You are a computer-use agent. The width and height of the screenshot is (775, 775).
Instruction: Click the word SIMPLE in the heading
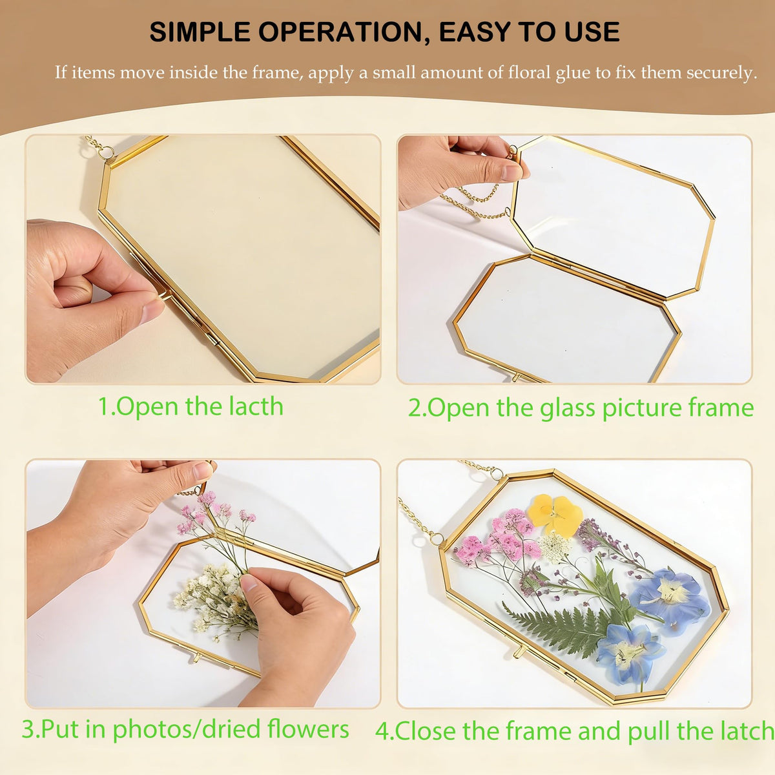coord(200,32)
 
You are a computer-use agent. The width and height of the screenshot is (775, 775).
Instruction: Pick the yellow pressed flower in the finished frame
coord(555,515)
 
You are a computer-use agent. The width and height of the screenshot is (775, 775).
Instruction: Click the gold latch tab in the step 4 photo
coord(519,651)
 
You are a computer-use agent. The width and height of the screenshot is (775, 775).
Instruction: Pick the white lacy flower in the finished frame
coord(555,548)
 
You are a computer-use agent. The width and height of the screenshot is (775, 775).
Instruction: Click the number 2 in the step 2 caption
coord(415,408)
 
